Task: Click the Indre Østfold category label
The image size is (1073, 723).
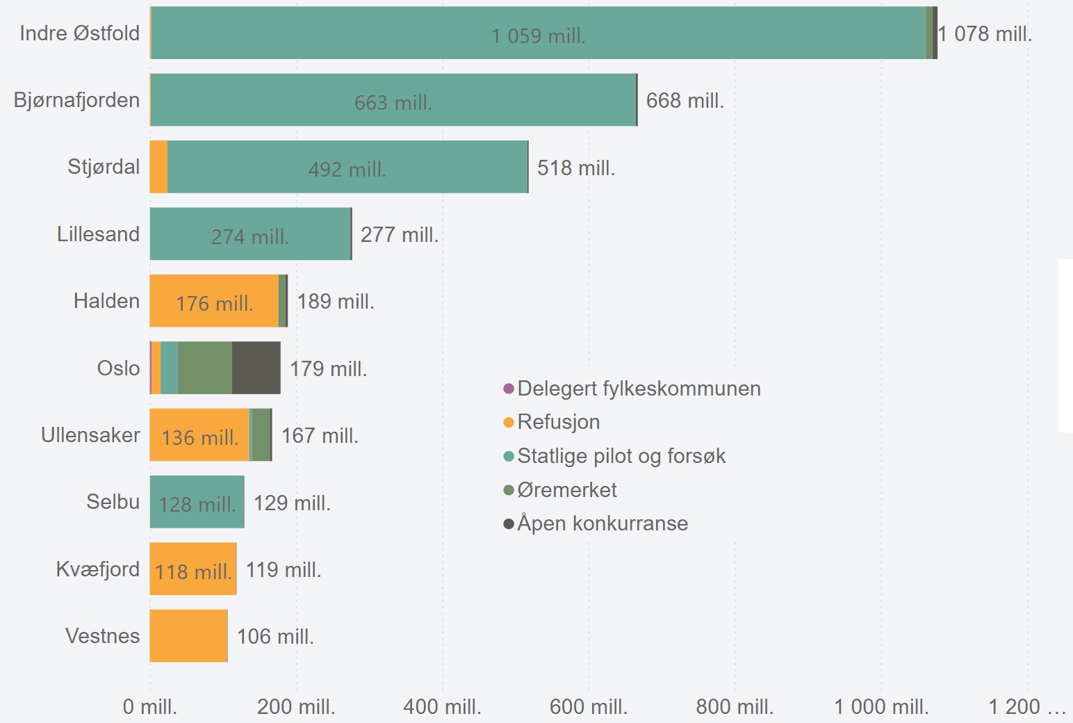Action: click(79, 33)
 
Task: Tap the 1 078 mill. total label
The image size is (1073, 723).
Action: click(985, 33)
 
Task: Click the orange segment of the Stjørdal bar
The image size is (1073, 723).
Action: click(158, 167)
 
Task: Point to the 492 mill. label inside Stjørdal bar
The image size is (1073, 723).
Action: click(347, 170)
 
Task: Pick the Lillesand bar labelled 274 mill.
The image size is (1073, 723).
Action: click(250, 234)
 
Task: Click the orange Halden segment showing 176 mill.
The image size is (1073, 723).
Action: click(214, 302)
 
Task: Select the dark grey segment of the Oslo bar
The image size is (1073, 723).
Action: click(256, 368)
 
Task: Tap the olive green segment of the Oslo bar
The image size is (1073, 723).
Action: click(204, 368)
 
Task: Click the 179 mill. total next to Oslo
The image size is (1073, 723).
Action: click(328, 368)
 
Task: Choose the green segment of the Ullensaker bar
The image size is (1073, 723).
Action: click(261, 435)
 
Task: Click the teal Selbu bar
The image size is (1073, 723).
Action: click(197, 502)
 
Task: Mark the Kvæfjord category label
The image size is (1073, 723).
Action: click(97, 569)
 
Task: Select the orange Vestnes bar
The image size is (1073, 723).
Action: click(188, 636)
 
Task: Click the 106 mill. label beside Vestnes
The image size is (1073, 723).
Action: click(275, 636)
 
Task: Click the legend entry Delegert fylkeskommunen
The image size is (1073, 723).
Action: click(638, 389)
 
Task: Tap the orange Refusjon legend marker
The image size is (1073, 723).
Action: click(509, 423)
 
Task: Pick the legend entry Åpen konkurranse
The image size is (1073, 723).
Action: click(602, 523)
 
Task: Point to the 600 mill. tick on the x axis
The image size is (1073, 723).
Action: click(588, 707)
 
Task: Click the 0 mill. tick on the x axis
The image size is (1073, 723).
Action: click(150, 707)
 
